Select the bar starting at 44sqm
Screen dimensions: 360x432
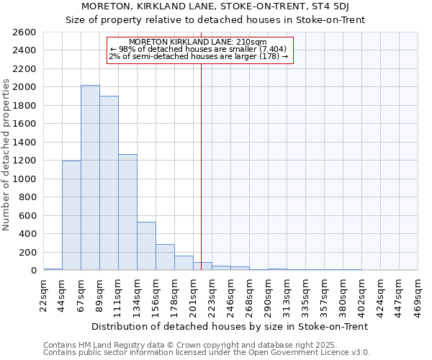71,215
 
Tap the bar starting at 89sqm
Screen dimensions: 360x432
109,183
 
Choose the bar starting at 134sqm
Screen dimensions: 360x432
146,246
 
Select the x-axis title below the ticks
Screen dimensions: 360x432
230,326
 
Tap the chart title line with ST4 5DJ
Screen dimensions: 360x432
216,6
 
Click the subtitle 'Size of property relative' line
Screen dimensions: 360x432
216,19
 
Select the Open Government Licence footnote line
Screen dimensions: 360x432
207,353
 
